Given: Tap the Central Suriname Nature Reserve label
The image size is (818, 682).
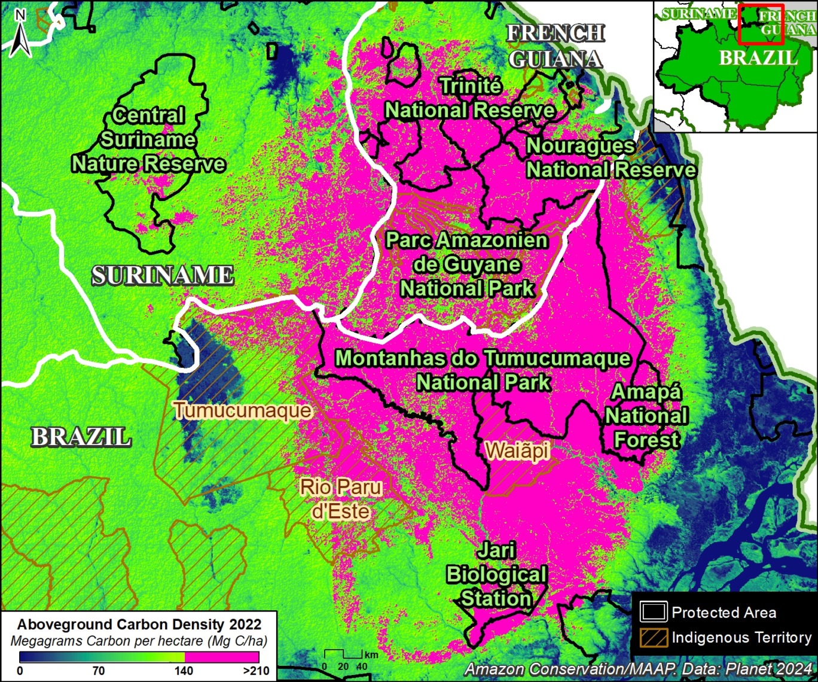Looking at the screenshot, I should pos(148,139).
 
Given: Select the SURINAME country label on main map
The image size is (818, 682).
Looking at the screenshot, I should pos(162,275).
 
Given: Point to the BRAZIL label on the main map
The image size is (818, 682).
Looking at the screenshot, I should pos(81,437).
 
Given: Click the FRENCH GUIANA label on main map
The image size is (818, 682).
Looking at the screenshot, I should pos(555,46).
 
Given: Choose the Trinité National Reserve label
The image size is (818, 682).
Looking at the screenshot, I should pos(470,98).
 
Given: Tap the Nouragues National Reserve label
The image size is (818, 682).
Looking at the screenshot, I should pos(610,158).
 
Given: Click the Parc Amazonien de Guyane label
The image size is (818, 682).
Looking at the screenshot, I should pos(466,264).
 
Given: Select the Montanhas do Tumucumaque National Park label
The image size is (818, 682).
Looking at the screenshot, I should pos(483,370).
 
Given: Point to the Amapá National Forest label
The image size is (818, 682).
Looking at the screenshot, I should pos(646,416).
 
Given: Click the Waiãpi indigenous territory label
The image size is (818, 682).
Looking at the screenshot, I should pos(517,450).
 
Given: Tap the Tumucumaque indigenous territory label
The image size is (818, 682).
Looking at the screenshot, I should pos(242,410).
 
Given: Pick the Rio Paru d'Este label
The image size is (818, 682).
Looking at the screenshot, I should pos(341,499).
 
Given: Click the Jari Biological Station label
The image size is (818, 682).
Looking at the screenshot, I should pos(496,574).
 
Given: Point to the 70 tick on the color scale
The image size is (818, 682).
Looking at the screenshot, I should pos(98,671).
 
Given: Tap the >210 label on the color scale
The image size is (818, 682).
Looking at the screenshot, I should pos(257,671).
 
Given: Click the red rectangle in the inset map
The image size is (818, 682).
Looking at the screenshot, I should pos(761,25).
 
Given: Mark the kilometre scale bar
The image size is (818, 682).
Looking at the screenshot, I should pos(344,654).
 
